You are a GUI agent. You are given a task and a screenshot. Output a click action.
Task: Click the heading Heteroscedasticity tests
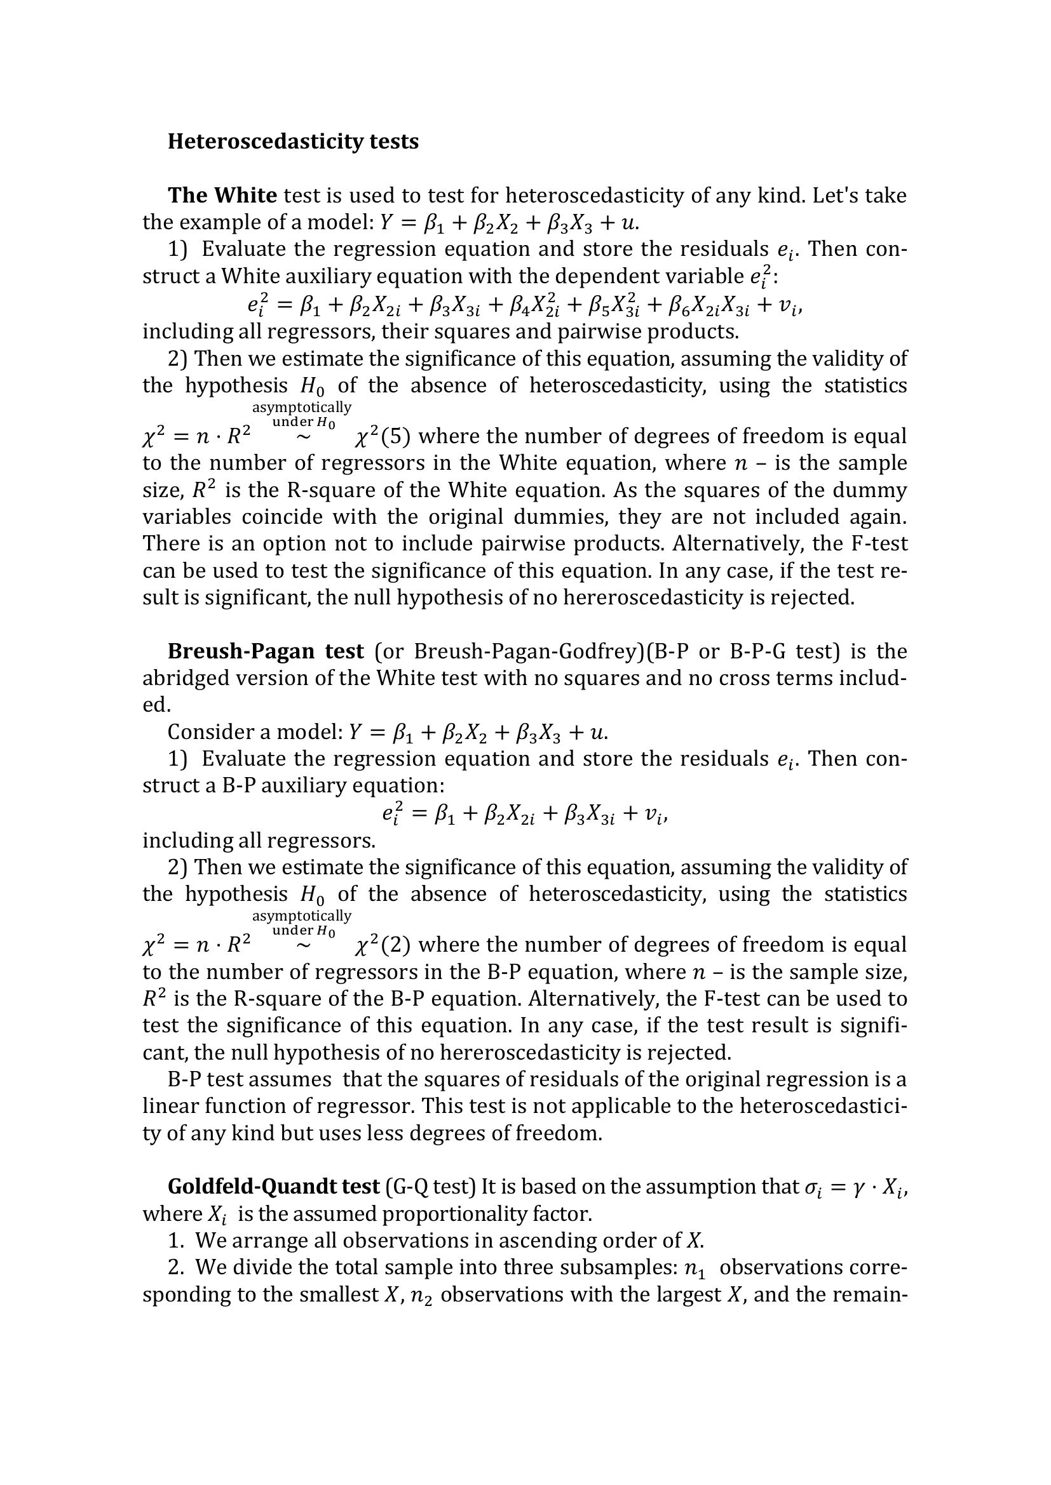pos(292,142)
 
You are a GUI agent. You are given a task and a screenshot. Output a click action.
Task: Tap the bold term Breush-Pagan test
pos(266,651)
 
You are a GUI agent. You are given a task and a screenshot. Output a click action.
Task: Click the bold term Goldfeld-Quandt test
pos(273,1187)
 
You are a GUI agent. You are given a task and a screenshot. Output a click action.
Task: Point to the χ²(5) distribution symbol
pos(383,437)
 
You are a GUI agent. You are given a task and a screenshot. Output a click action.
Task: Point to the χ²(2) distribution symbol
pos(383,945)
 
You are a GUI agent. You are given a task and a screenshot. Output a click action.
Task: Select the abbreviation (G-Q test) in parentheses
pos(430,1187)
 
